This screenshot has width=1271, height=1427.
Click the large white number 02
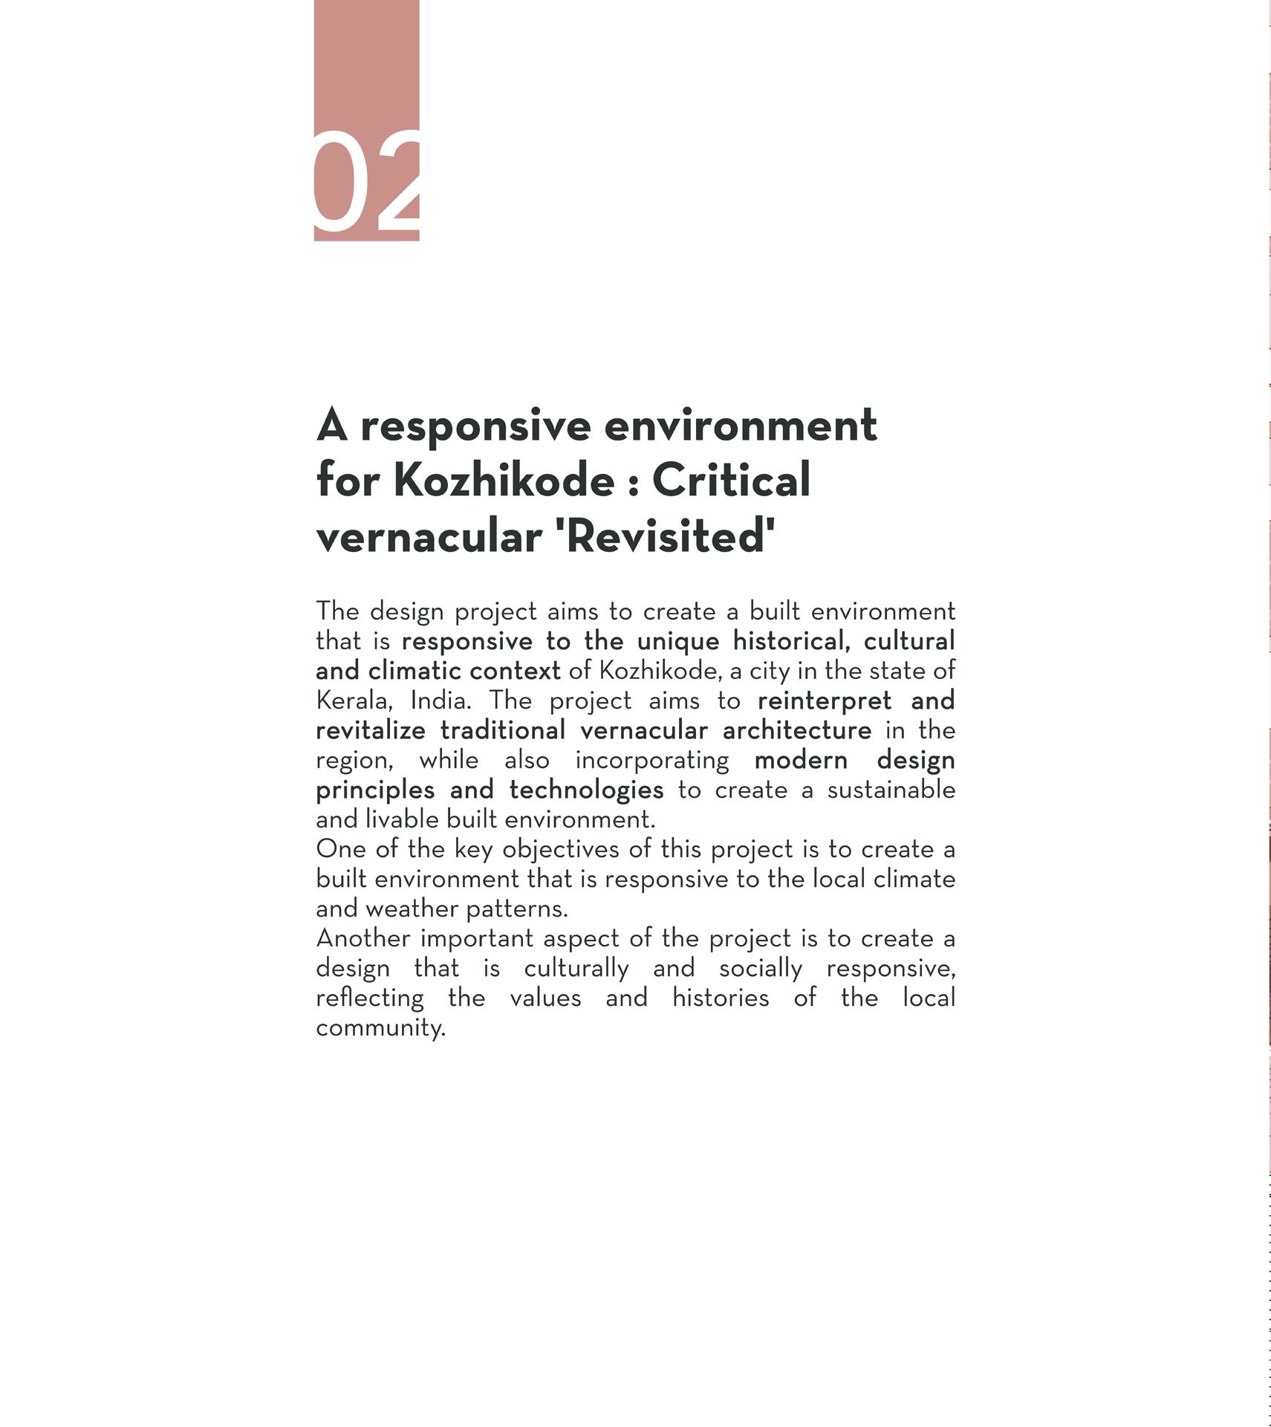(367, 183)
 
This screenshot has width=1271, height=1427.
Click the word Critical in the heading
(731, 481)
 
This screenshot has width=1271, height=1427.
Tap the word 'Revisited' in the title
(665, 536)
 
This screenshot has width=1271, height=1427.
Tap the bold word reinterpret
(824, 701)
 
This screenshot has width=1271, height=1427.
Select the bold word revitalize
(370, 730)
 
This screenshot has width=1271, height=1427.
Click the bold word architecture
(796, 730)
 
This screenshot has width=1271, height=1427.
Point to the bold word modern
(800, 760)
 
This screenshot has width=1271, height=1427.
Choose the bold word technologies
(586, 790)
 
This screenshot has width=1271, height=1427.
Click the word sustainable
(891, 790)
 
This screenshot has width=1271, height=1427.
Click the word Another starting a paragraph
(363, 938)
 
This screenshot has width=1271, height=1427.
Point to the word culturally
(576, 968)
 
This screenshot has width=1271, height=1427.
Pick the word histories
(720, 998)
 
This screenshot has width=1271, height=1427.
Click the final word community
(380, 1028)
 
